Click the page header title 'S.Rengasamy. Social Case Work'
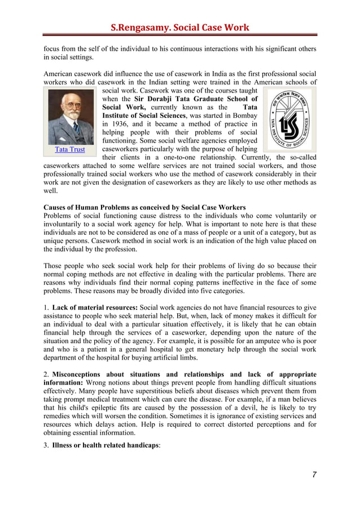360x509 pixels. tap(179, 27)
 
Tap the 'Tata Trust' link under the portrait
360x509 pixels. tap(70, 150)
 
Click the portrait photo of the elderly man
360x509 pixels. tap(71, 117)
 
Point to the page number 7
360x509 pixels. tap(314, 475)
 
